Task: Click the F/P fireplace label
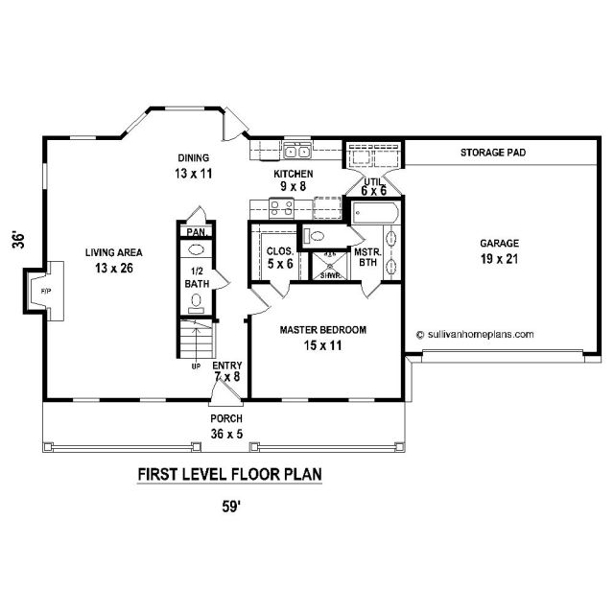pos(46,291)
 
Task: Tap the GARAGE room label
pos(499,243)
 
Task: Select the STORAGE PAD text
pos(493,153)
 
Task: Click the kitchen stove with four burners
pos(281,208)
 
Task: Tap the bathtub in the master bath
pos(375,213)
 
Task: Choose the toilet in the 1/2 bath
pos(196,304)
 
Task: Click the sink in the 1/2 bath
pos(196,249)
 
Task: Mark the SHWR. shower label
pos(328,275)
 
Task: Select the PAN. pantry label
pos(197,232)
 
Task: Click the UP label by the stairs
pos(196,366)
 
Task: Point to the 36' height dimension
pos(18,241)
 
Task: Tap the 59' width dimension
pos(231,507)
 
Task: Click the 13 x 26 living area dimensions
pos(114,269)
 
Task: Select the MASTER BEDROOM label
pos(323,330)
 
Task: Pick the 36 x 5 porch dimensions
pos(226,434)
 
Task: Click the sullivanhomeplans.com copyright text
pos(476,335)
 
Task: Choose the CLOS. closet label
pos(279,251)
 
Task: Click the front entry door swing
pos(224,391)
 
